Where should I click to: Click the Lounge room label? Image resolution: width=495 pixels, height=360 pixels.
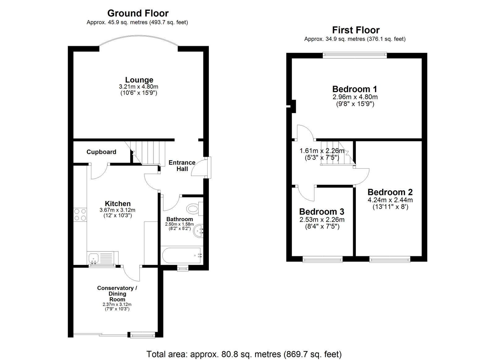(139, 80)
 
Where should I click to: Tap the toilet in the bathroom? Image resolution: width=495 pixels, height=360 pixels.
(195, 209)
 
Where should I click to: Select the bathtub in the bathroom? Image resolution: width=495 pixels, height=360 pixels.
(182, 255)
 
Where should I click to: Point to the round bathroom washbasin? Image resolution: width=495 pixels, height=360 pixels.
(198, 231)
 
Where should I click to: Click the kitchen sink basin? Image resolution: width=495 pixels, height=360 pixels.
(93, 258)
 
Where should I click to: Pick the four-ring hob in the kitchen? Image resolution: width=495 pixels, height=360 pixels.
(80, 215)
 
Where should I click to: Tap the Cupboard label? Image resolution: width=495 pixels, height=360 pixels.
(101, 152)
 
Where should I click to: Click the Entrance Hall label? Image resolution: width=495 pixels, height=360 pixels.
(182, 166)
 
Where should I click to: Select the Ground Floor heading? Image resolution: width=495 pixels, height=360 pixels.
(138, 13)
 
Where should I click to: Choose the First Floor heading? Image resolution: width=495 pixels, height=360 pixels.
(356, 30)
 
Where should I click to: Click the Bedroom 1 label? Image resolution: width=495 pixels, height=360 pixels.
(355, 89)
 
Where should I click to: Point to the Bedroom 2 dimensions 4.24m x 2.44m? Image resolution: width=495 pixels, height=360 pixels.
(390, 200)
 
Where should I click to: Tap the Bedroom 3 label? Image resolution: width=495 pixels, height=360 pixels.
(321, 212)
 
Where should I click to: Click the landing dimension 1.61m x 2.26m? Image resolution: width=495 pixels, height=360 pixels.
(322, 151)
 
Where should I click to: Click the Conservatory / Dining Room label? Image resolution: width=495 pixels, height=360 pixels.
(117, 294)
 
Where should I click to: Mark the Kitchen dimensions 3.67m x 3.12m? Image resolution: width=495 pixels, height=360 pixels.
(117, 210)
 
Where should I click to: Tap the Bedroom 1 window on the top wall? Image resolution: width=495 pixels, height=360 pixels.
(355, 55)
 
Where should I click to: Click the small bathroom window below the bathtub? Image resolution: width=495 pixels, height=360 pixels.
(183, 268)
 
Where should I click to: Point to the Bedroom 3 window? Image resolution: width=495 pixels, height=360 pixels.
(322, 259)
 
